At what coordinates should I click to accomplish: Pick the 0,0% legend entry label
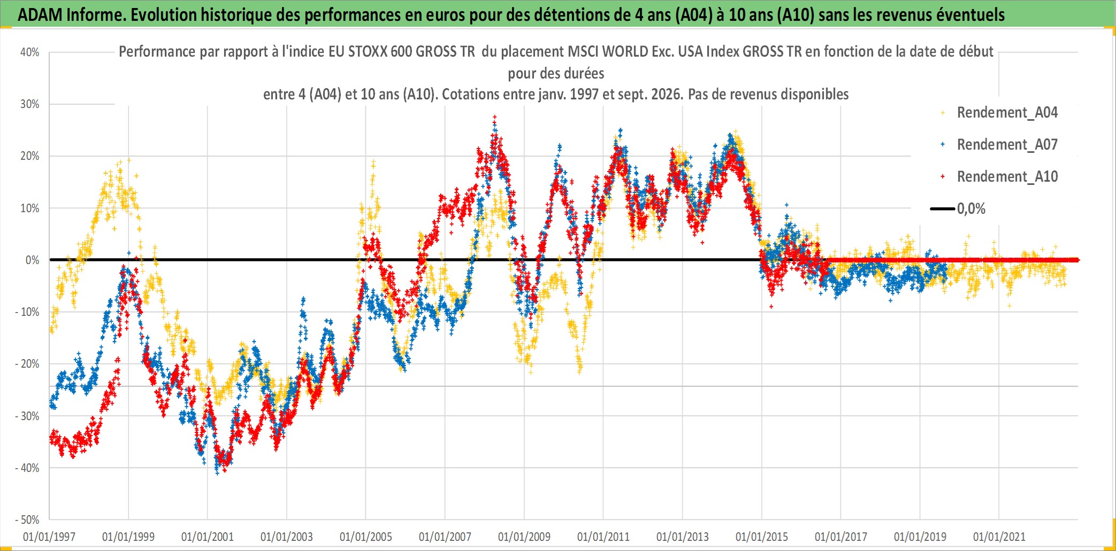click(971, 208)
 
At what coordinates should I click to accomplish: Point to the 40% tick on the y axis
click(30, 52)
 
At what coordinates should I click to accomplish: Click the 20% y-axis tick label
click(30, 156)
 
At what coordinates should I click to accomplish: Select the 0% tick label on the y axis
click(33, 260)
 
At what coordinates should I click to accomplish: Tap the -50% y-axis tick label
click(27, 519)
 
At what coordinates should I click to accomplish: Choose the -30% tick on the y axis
click(27, 416)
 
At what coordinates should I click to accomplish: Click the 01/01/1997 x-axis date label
click(49, 537)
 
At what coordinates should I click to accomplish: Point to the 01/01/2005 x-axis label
click(366, 537)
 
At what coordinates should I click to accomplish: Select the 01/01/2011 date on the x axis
click(603, 537)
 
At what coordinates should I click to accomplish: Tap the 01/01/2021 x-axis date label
click(999, 537)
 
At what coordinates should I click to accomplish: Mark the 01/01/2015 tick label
click(762, 537)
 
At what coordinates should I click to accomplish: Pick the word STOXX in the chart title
click(368, 51)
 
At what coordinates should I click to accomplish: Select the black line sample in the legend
click(943, 208)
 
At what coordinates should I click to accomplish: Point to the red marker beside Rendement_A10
click(943, 176)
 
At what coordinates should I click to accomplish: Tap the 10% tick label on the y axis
click(30, 208)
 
